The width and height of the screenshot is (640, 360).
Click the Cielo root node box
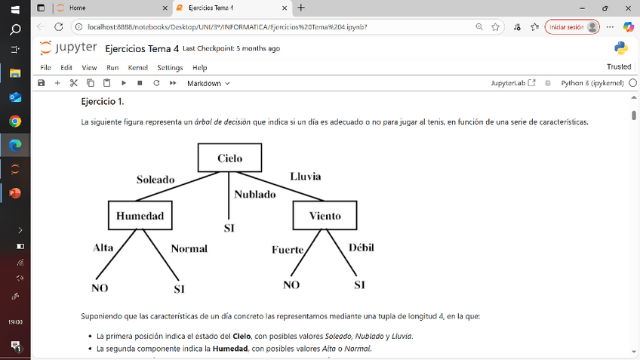tap(229, 158)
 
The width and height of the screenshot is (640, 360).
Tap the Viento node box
tap(325, 216)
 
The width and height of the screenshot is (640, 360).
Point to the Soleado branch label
tap(155, 180)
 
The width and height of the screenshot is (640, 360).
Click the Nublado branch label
tap(254, 194)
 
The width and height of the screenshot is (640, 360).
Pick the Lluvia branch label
tap(305, 177)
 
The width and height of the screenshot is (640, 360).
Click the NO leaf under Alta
tap(100, 288)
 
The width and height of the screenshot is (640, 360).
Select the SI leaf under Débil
tap(359, 285)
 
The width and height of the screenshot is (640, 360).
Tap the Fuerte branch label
tap(288, 250)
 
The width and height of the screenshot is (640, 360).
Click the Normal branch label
tap(189, 248)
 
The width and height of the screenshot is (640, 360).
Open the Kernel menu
tap(138, 68)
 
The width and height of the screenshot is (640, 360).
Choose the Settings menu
tap(170, 68)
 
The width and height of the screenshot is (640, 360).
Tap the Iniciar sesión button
tap(571, 26)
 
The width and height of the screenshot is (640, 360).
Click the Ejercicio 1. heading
tap(103, 101)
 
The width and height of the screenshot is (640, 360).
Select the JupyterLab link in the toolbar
tap(513, 83)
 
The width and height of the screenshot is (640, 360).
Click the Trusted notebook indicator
tap(618, 67)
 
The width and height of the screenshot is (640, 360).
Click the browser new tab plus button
tap(301, 8)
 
